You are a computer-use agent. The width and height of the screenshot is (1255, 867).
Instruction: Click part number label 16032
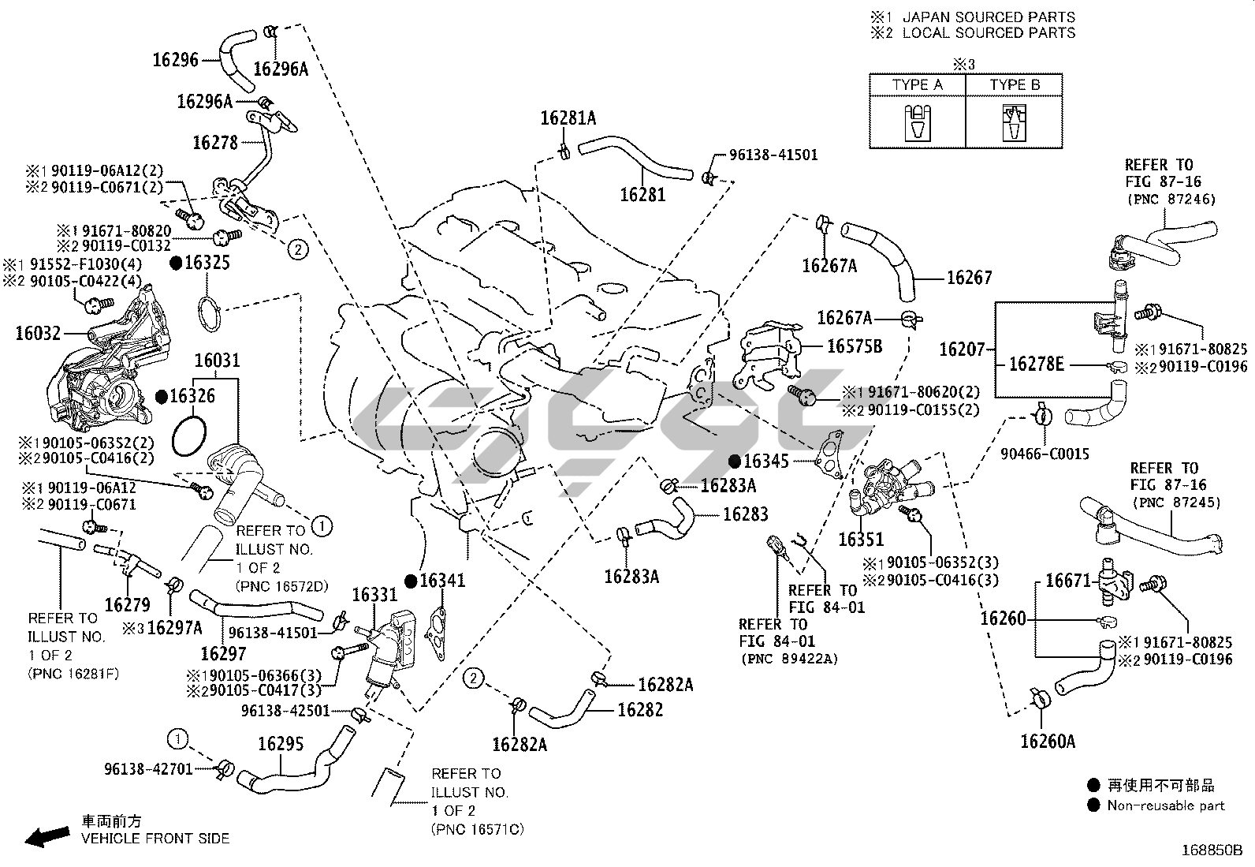38,334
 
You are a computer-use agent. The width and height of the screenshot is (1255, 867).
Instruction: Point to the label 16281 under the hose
642,194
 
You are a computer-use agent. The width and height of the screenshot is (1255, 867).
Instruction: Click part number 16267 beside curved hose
969,278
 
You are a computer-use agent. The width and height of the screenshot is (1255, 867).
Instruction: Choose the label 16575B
855,346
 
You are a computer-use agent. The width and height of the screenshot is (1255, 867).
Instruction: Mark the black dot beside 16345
734,461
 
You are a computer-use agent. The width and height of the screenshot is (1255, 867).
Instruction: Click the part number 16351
861,540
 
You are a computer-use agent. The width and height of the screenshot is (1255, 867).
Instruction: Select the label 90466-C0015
1045,454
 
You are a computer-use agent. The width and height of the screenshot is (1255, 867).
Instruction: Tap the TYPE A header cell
917,84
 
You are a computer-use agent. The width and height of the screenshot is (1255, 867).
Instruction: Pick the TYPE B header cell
1015,84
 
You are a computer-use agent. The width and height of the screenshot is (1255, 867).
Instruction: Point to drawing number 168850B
1211,850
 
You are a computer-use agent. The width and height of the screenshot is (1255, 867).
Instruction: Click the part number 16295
281,744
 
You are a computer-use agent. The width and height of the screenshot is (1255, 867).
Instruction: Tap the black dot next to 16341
410,581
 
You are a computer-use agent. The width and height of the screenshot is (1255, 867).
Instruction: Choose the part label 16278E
1036,364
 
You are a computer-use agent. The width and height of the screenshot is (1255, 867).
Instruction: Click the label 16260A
1047,741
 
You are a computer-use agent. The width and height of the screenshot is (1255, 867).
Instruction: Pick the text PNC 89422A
790,659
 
